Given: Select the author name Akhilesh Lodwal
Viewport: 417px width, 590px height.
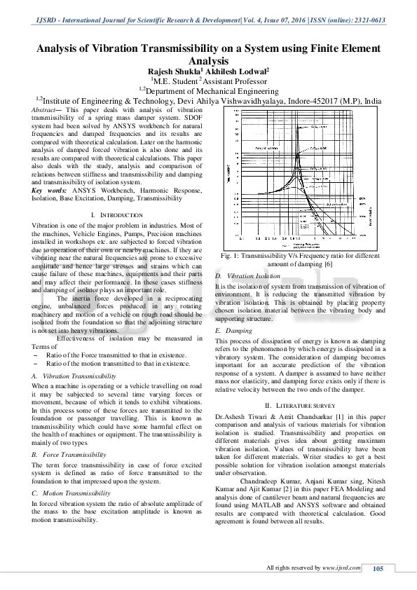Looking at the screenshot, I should (x=233, y=71).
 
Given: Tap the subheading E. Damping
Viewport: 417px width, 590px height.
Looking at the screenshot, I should (x=233, y=330).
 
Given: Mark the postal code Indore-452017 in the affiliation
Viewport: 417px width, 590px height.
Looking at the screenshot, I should (x=313, y=100).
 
